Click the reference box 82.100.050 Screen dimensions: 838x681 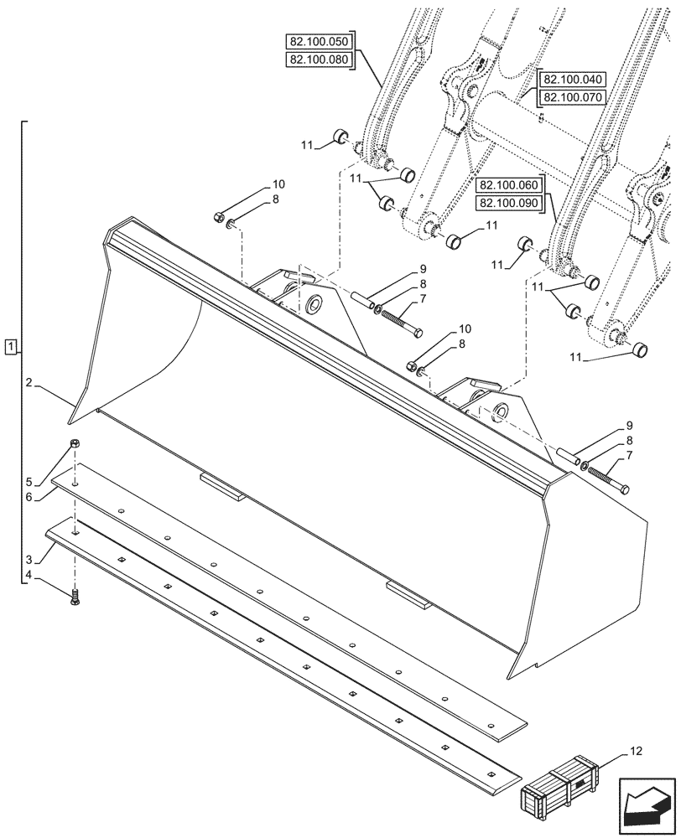(x=321, y=41)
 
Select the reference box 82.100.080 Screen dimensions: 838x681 (x=321, y=59)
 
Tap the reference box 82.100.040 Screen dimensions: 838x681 (x=573, y=80)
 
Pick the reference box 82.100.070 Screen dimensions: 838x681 (x=573, y=98)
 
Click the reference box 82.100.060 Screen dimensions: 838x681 (x=510, y=185)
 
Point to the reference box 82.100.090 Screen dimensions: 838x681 (x=510, y=204)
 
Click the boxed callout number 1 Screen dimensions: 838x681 (x=9, y=345)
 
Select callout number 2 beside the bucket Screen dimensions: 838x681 (x=29, y=383)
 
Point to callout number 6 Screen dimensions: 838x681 (x=29, y=497)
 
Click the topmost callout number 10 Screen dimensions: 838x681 (x=278, y=184)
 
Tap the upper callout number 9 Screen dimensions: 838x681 (x=423, y=269)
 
